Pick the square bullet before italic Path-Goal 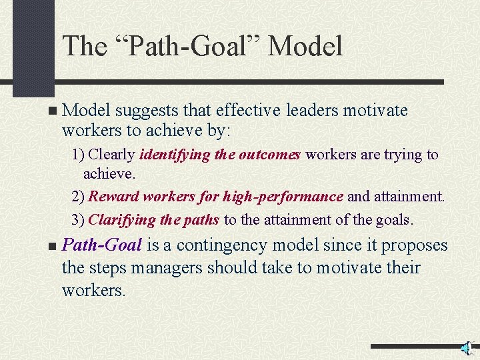pyautogui.click(x=53, y=247)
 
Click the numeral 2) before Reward pyautogui.click(x=79, y=197)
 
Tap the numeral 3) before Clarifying pyautogui.click(x=79, y=219)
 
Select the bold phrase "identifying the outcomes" pyautogui.click(x=221, y=155)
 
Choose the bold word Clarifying pyautogui.click(x=121, y=219)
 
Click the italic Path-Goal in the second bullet pyautogui.click(x=101, y=245)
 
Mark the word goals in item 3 pyautogui.click(x=393, y=219)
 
